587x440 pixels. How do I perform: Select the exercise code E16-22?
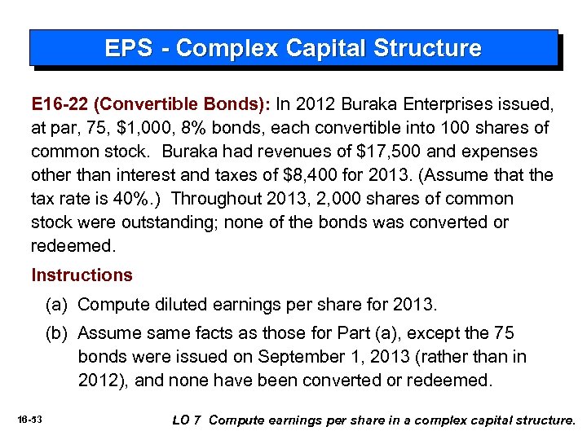(60, 104)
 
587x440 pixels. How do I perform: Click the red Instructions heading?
(82, 275)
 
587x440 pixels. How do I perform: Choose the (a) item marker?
(56, 305)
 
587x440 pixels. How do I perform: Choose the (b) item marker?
(56, 333)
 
